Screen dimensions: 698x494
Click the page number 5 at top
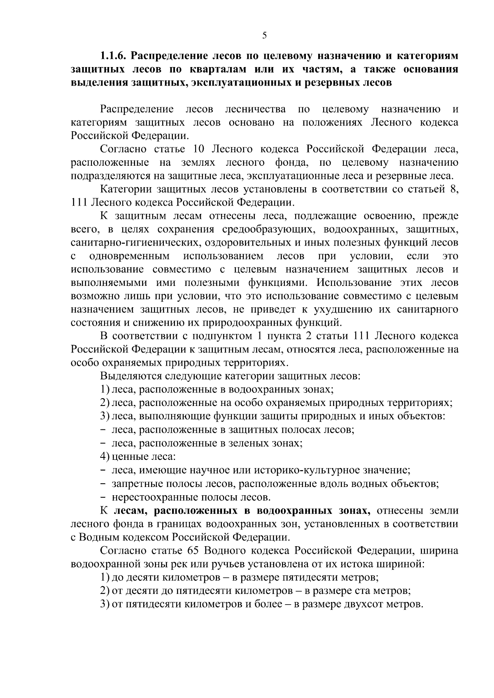coord(264,36)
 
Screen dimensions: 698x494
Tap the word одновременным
coord(129,256)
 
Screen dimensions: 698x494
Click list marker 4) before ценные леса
coord(105,457)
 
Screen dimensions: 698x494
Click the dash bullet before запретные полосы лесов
coord(103,484)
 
